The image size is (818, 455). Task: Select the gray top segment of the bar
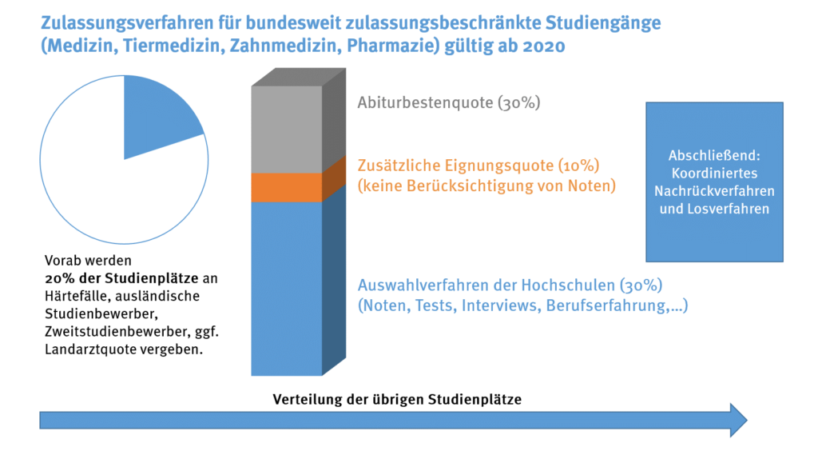[x=286, y=128]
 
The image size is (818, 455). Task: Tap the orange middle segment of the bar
[x=286, y=187]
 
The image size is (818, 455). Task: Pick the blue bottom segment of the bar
[x=286, y=288]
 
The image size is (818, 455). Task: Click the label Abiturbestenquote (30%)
[x=449, y=103]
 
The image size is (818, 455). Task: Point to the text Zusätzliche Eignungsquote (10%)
[x=478, y=166]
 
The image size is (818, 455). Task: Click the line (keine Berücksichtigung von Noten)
[x=486, y=186]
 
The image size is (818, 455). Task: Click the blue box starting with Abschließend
[x=714, y=182]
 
